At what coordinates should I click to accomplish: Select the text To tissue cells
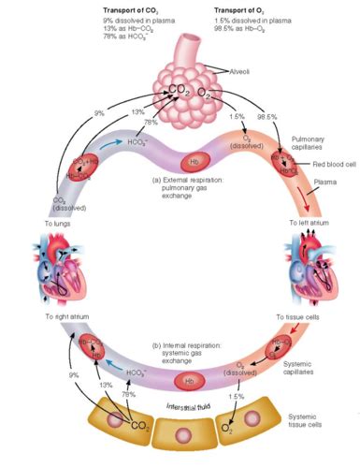pos(296,317)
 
